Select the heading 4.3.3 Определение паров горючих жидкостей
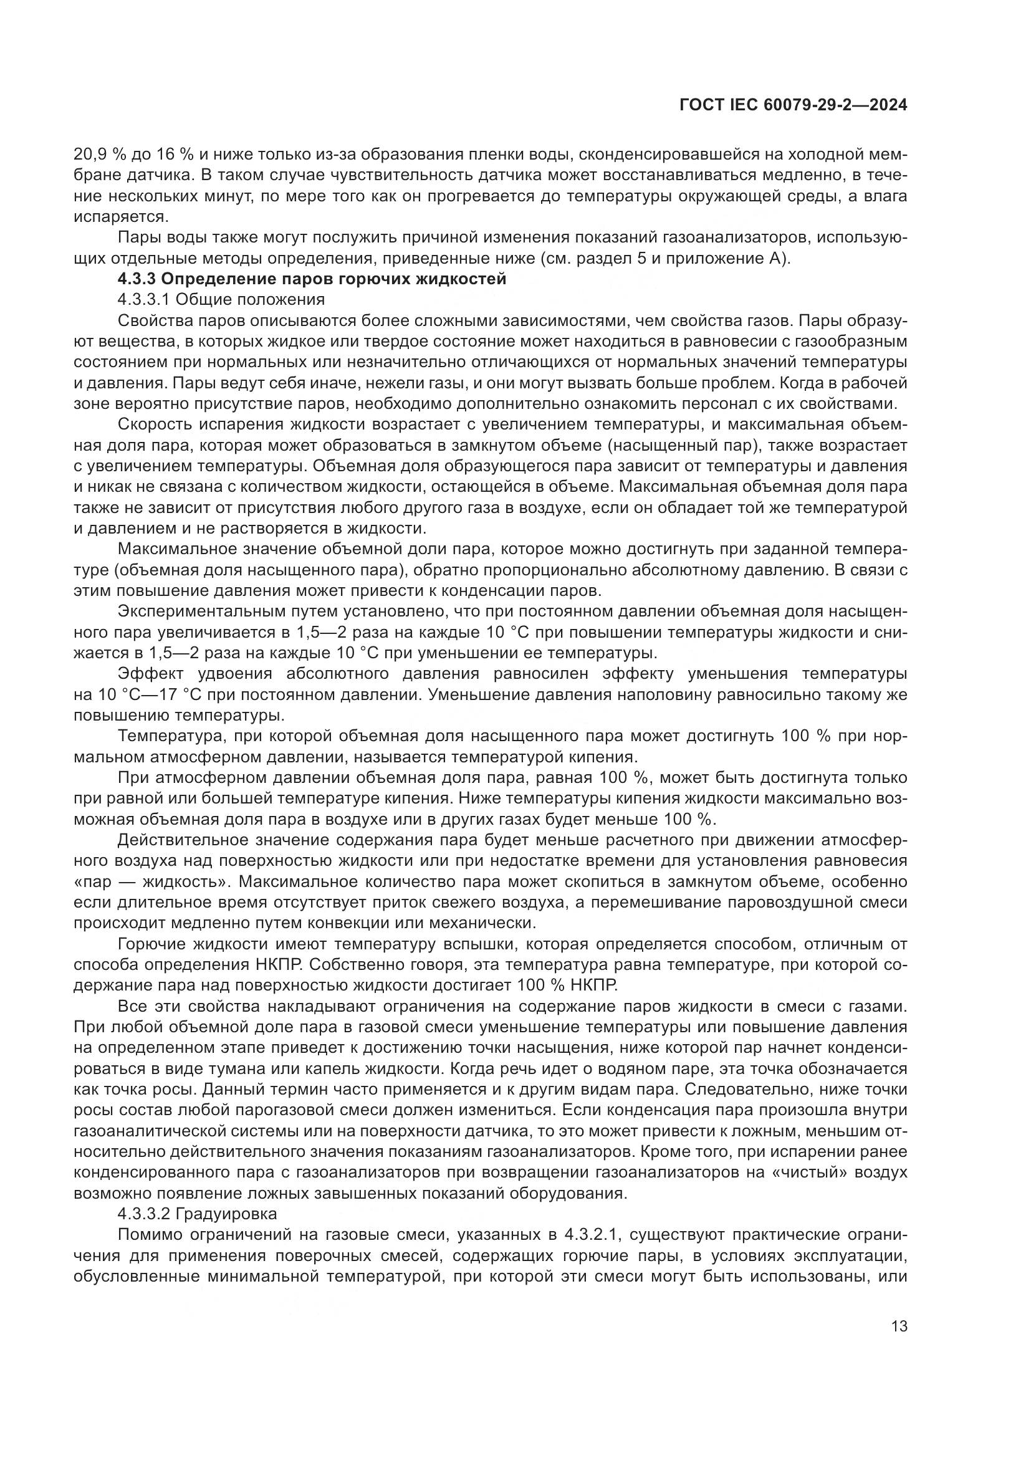pyautogui.click(x=312, y=279)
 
